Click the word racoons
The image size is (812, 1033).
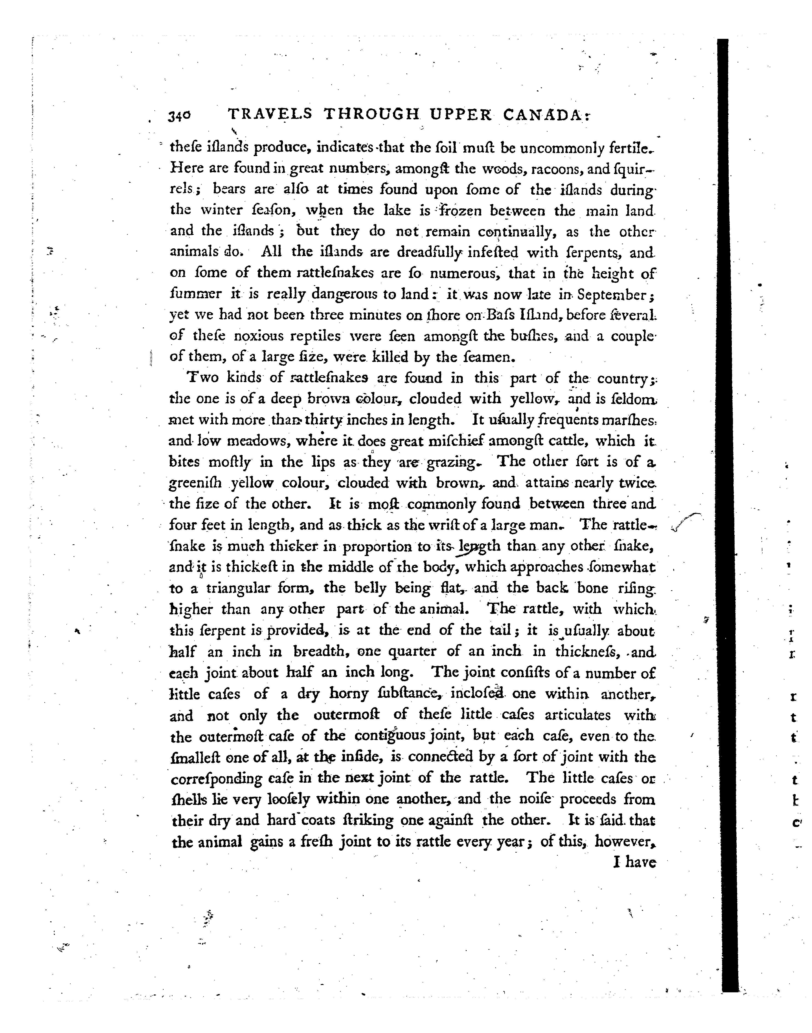pos(558,169)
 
